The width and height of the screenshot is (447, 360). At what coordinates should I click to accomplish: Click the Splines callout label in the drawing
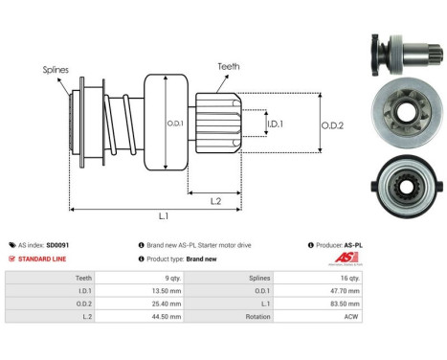coord(56,70)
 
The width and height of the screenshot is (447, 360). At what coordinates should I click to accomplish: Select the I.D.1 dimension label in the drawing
coord(274,124)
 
